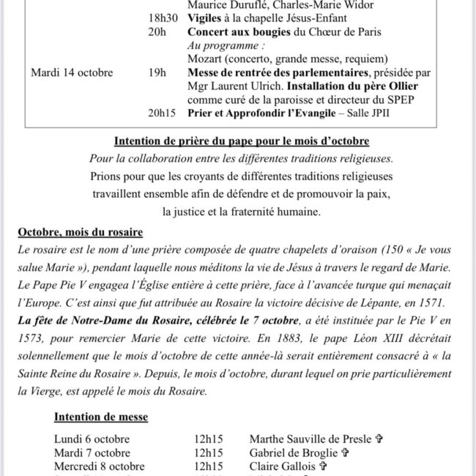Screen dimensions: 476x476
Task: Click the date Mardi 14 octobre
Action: [x=72, y=72]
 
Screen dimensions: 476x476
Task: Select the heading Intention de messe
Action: [x=101, y=417]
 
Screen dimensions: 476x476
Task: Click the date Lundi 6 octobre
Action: [x=92, y=439]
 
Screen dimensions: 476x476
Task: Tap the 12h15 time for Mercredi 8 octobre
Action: [x=209, y=466]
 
